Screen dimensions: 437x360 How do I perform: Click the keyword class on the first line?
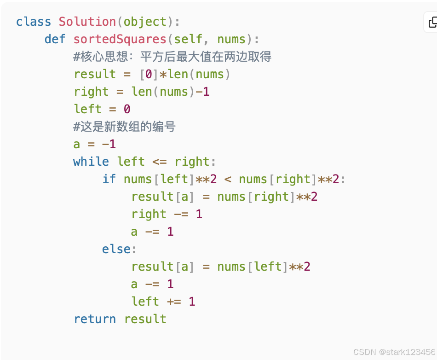coord(33,22)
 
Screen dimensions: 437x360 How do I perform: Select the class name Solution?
coord(87,22)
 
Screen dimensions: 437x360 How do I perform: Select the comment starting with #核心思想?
coord(172,57)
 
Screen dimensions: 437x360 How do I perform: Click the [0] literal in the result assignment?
coord(149,74)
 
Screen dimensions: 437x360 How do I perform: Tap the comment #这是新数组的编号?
coord(124,127)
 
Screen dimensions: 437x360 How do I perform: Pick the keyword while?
coord(91,162)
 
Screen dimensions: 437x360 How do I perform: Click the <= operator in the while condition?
coord(160,162)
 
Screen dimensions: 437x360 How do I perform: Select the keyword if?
coord(109,179)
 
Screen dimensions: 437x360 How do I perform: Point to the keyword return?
coord(95,319)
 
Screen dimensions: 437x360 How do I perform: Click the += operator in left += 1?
coord(174,302)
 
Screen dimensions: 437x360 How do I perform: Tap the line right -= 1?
coord(167,214)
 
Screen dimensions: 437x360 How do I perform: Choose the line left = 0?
coord(102,109)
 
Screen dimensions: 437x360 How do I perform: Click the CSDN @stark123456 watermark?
coord(394,352)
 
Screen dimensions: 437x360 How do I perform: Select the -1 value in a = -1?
coord(109,144)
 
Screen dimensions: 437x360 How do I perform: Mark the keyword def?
coord(55,39)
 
